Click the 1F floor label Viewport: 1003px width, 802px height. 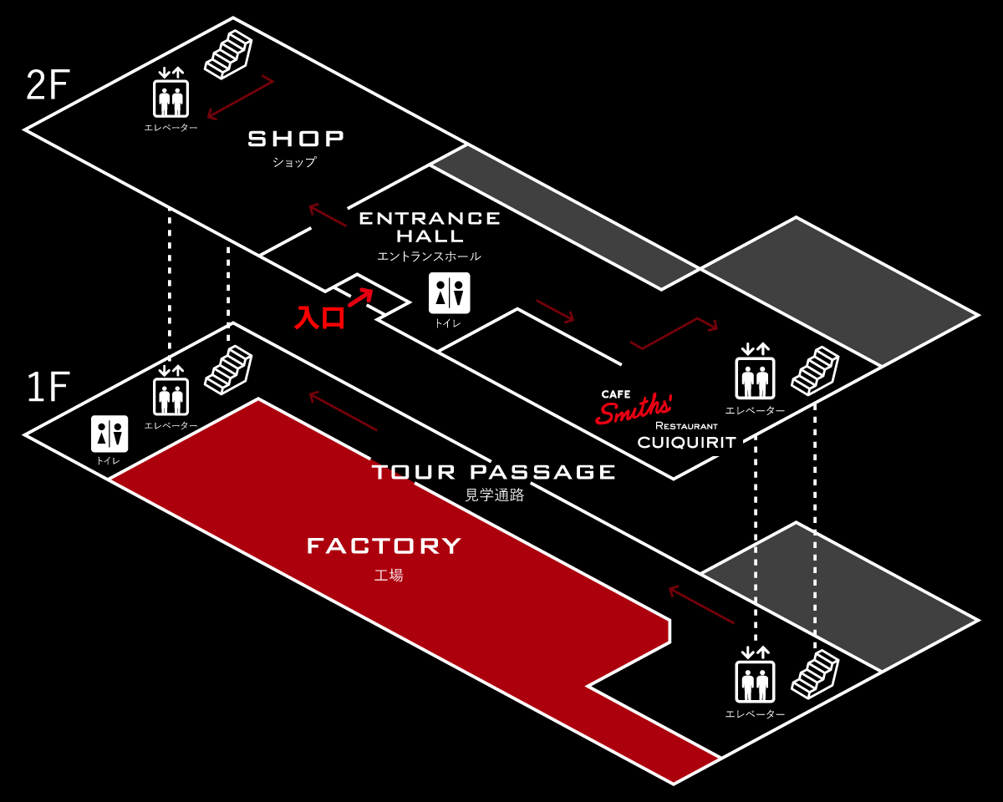pyautogui.click(x=48, y=388)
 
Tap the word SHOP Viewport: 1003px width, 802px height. pyautogui.click(x=296, y=139)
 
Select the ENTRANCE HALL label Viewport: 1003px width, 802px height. pyautogui.click(x=430, y=226)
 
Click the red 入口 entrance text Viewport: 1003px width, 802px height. pyautogui.click(x=319, y=317)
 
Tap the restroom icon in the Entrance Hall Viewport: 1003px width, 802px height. pyautogui.click(x=449, y=293)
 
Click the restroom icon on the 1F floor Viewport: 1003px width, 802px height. pyautogui.click(x=109, y=434)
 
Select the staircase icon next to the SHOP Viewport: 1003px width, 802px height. pyautogui.click(x=228, y=54)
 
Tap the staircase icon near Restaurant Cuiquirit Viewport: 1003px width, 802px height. pyautogui.click(x=814, y=370)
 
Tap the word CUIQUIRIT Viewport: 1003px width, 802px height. pyautogui.click(x=687, y=442)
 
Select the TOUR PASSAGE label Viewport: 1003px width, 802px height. pyautogui.click(x=493, y=472)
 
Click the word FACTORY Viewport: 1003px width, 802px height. pyautogui.click(x=384, y=546)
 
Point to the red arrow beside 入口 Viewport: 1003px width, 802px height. pyautogui.click(x=360, y=297)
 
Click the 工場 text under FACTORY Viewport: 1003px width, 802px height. pyautogui.click(x=389, y=575)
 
